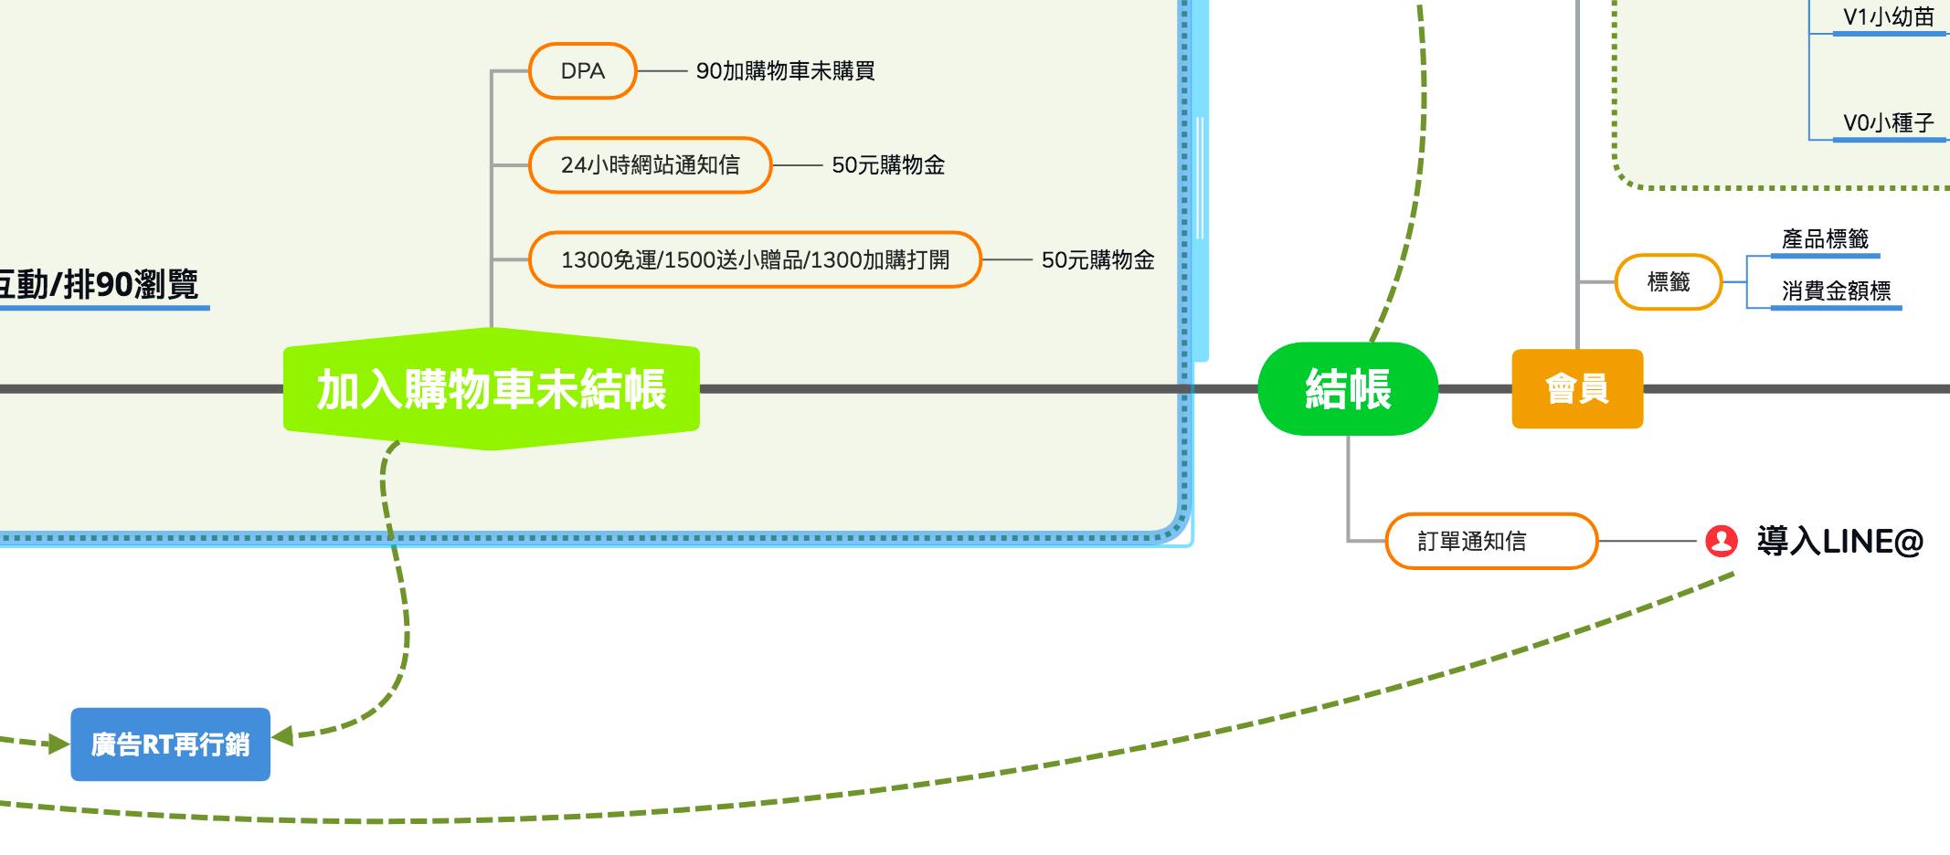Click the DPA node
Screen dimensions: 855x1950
[582, 71]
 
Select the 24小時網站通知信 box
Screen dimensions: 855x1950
[650, 165]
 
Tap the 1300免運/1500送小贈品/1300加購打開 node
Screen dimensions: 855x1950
[755, 260]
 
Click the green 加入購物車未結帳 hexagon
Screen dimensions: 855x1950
[492, 389]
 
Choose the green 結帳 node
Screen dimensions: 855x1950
[1348, 389]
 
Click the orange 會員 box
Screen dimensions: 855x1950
[1577, 389]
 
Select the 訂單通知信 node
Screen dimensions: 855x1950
[1491, 542]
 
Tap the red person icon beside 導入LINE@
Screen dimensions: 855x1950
[1721, 541]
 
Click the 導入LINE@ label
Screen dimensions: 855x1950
[1839, 542]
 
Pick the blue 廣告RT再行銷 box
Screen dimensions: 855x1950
[171, 744]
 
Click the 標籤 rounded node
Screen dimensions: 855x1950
[1669, 282]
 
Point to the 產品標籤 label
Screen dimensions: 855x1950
[1825, 239]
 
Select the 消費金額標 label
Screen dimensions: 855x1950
[1836, 291]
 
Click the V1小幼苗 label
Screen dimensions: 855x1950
[1889, 17]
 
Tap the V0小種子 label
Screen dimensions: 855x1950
[1889, 123]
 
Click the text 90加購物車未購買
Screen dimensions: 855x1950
[785, 71]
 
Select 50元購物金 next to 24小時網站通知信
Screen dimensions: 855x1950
[888, 165]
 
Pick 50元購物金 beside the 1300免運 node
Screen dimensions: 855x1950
[1097, 260]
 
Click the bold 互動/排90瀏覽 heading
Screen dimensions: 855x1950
[99, 285]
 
